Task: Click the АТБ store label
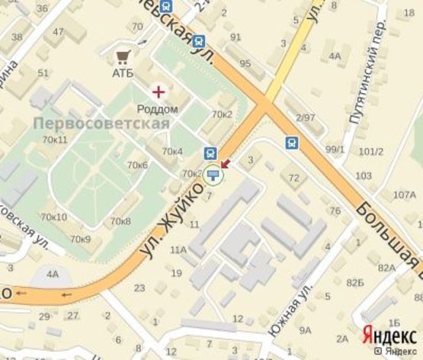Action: tap(122, 73)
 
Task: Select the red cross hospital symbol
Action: tap(158, 92)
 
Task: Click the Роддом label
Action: tap(157, 109)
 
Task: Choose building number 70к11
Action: tap(55, 140)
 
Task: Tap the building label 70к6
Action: tap(137, 165)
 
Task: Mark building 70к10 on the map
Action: tap(54, 217)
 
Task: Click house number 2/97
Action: tap(305, 117)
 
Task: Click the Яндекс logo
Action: tap(389, 334)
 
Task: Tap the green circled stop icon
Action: tap(213, 175)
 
